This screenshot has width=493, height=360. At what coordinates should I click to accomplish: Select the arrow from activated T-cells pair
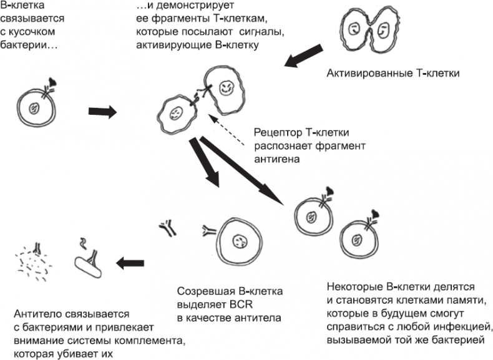coord(306,56)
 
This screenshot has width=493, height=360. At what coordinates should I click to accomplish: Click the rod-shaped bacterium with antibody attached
coord(90,265)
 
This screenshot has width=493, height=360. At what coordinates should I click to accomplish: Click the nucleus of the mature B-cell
coord(238,241)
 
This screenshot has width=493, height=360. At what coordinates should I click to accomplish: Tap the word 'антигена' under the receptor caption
coord(274,160)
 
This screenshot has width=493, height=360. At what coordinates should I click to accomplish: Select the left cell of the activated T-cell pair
coord(353,31)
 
